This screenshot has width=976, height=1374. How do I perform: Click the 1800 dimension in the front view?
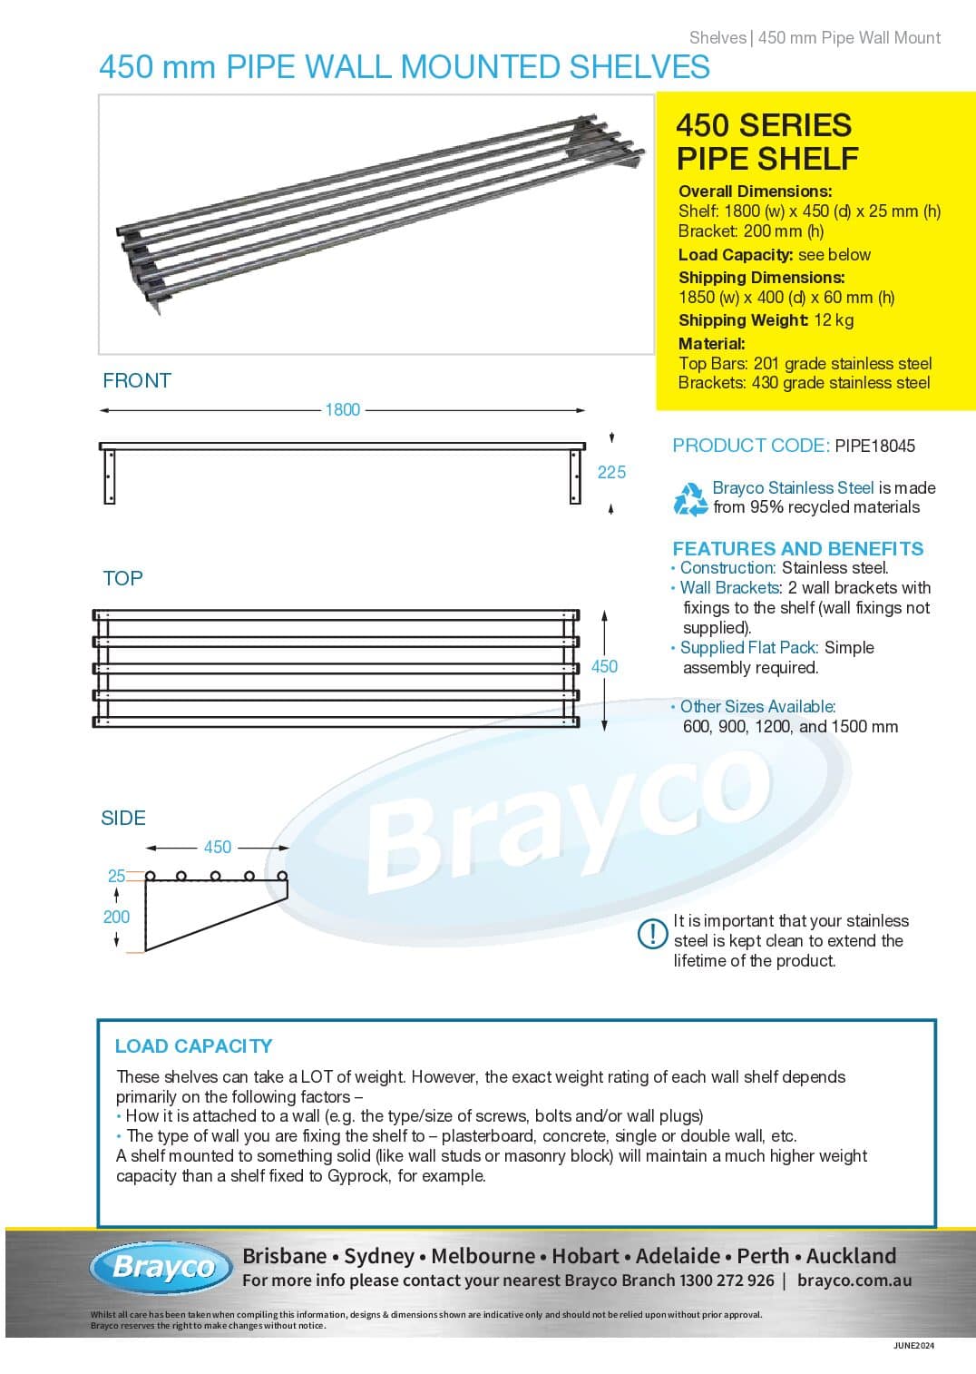click(343, 410)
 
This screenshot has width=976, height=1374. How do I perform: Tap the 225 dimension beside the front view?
click(611, 472)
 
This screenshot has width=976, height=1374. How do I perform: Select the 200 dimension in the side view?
click(116, 917)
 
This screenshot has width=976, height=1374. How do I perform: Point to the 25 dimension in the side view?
click(116, 876)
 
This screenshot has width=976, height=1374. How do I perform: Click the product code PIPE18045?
click(874, 446)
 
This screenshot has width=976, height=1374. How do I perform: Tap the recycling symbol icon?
click(690, 498)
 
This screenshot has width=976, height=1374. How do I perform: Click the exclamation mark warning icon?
click(653, 933)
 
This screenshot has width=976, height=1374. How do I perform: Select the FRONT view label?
click(137, 381)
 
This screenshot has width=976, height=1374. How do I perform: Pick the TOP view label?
click(122, 578)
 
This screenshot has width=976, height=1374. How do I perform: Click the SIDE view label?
click(123, 818)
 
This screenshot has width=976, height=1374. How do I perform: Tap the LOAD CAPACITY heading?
click(193, 1045)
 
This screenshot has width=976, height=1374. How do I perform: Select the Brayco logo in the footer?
click(162, 1267)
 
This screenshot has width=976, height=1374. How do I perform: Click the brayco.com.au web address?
click(854, 1281)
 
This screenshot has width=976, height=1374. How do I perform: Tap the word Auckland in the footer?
click(851, 1256)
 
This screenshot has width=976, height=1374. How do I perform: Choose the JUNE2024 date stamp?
click(913, 1346)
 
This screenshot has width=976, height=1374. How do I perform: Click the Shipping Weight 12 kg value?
click(834, 320)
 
